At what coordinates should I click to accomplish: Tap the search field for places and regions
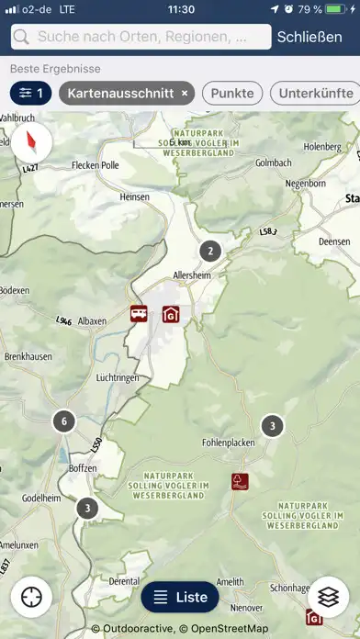(142, 38)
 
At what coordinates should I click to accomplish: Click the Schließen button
(315, 38)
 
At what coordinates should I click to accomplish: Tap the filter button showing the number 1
(31, 93)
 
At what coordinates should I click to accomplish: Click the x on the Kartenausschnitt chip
(185, 93)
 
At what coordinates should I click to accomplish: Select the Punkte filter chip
(232, 93)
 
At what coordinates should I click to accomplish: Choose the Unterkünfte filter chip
(316, 93)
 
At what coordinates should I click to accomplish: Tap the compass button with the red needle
(32, 141)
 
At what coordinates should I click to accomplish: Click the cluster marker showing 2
(210, 251)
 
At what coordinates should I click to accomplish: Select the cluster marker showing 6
(62, 422)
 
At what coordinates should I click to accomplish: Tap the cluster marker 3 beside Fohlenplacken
(272, 426)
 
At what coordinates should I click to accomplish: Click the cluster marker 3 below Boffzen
(86, 508)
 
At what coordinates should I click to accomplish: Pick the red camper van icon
(140, 313)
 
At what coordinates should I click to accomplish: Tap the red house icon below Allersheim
(171, 315)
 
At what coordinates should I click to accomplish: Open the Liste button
(180, 597)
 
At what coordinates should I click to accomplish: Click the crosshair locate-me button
(32, 597)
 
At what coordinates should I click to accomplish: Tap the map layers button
(328, 597)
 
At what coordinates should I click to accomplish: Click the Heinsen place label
(134, 197)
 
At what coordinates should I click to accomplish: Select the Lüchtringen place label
(117, 377)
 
